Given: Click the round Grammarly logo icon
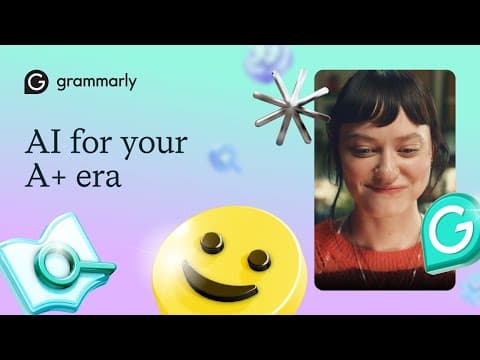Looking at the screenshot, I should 37,82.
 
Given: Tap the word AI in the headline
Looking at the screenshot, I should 42,142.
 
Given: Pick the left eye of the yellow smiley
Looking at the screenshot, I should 211,241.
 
